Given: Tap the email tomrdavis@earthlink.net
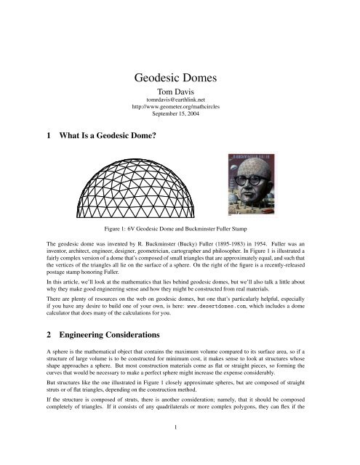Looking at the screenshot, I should (180, 105).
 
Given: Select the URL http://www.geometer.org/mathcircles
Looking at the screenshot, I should (180, 113).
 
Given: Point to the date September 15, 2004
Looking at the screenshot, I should (180, 122).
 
